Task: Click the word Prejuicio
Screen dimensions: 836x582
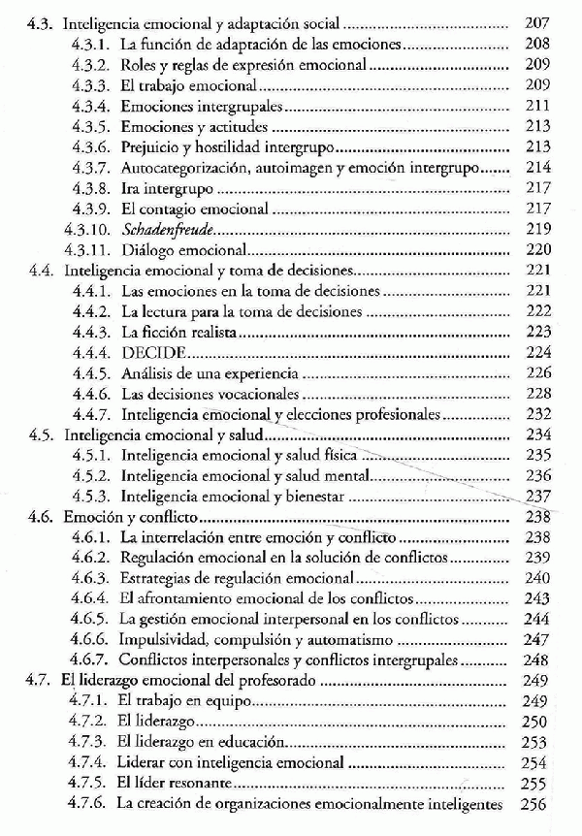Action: click(x=154, y=147)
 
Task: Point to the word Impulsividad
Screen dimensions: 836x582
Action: click(x=168, y=640)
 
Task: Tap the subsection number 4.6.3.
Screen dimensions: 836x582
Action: click(x=92, y=578)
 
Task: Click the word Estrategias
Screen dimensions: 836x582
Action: click(x=158, y=578)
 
